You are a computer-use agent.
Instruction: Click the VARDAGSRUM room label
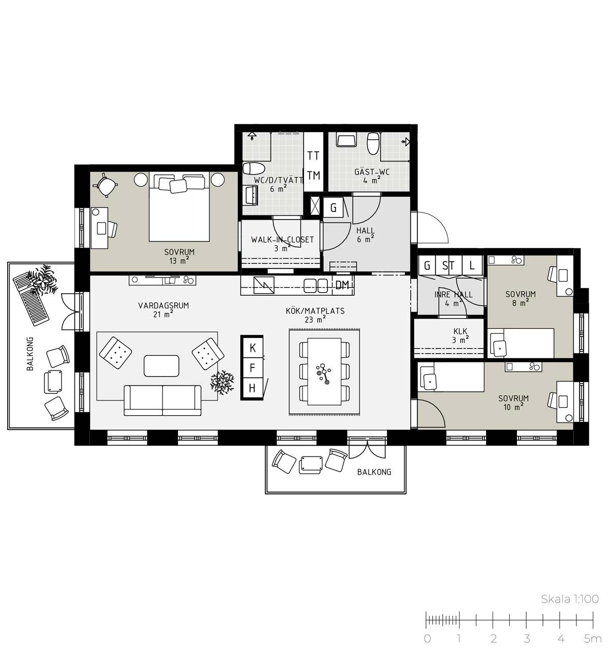[163, 305]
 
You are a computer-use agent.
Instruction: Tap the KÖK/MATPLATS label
[315, 311]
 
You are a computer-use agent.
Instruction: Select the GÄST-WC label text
[372, 171]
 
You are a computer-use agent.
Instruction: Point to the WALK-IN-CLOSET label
[282, 239]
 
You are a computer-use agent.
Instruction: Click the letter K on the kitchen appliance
[253, 348]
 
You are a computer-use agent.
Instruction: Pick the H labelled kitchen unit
[252, 388]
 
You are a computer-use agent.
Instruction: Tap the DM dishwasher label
[342, 285]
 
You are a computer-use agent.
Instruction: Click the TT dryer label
[313, 156]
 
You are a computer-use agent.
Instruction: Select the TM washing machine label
[313, 176]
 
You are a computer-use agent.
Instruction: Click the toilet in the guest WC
[373, 143]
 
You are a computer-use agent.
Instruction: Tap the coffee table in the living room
[162, 365]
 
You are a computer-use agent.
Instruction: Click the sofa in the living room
[162, 400]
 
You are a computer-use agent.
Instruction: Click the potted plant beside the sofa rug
[222, 382]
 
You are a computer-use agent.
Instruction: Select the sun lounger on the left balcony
[32, 299]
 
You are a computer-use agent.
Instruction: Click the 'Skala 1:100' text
[570, 599]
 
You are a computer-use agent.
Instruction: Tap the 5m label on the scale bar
[593, 638]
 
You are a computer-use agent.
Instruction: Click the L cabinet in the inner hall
[472, 265]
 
